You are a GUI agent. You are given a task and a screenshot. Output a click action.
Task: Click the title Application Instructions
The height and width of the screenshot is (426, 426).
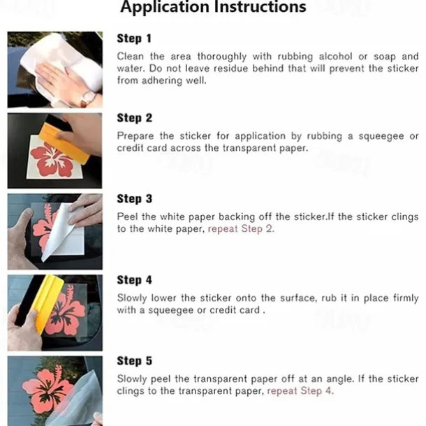[x=213, y=7]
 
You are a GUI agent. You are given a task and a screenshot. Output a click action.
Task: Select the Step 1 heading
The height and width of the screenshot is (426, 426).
[x=134, y=38]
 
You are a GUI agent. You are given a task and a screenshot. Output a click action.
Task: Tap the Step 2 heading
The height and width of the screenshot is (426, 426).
[x=135, y=118]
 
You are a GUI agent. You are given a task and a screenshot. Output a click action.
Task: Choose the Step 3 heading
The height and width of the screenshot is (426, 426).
[x=135, y=198]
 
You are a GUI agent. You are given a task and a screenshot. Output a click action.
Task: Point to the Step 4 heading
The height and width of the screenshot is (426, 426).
[x=135, y=280]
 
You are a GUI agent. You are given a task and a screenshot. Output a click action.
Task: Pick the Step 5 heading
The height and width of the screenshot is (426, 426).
[x=135, y=361]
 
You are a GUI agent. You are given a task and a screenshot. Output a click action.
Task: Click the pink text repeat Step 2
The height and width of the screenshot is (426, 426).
[x=241, y=229]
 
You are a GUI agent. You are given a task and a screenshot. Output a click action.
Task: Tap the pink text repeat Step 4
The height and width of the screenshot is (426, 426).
[x=300, y=391]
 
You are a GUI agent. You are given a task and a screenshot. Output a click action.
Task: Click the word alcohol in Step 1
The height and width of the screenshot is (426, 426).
[x=335, y=57]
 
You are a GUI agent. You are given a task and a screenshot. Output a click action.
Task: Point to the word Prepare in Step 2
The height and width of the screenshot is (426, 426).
[x=135, y=136]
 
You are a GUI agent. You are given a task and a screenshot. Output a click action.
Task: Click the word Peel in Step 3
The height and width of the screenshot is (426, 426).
[x=126, y=216]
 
